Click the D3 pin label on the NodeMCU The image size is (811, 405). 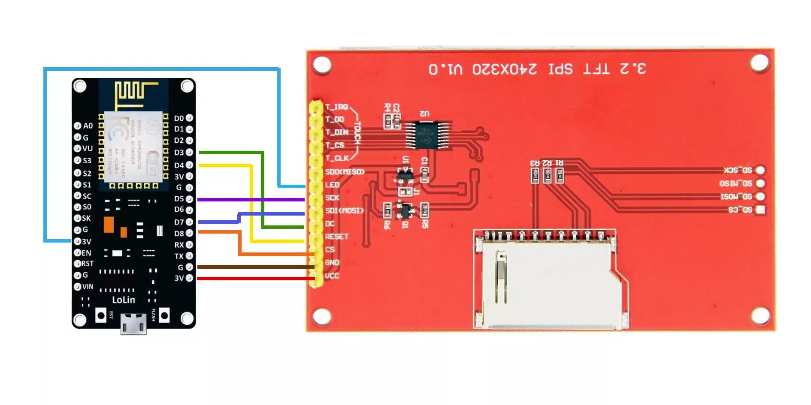point(179,153)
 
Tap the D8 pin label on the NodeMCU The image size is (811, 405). point(179,234)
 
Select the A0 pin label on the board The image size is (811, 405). point(88,126)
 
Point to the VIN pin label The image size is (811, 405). point(88,286)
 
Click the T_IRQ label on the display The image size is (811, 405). point(336,107)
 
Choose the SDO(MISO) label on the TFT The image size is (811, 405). point(345,172)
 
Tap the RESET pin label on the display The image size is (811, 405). point(336,237)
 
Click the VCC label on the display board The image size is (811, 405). point(332,276)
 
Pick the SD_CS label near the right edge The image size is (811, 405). point(740,210)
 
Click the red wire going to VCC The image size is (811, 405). point(253,279)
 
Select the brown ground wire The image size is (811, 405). point(253,267)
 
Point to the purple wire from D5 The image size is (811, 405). point(253,200)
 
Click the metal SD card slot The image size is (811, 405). point(549,283)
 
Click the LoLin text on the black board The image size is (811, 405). point(124,300)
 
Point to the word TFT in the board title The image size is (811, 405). point(596,69)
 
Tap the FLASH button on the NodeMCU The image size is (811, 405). point(164,316)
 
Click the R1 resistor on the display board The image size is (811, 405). point(560,175)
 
